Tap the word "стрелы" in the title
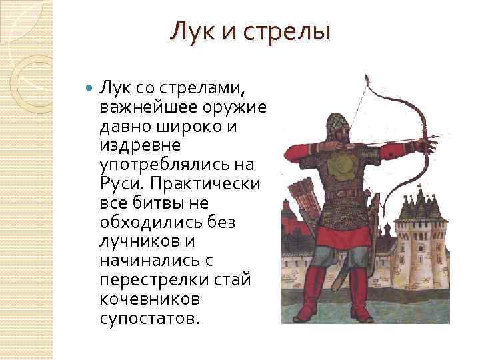290,31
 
